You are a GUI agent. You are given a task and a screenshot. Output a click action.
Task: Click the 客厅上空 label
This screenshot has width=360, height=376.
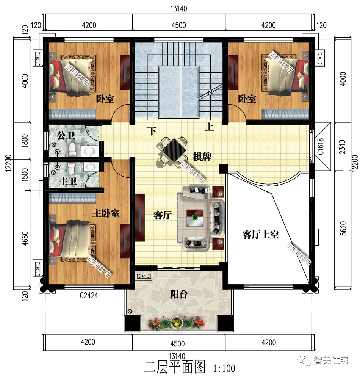point(260,235)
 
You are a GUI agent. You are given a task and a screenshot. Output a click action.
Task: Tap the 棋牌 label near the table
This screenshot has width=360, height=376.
point(202,156)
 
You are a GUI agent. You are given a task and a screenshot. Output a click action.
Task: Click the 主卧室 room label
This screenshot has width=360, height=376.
point(106,213)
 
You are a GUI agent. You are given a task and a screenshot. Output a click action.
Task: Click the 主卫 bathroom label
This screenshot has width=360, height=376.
point(68,181)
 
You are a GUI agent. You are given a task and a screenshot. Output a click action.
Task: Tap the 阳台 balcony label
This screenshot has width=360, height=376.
point(178,294)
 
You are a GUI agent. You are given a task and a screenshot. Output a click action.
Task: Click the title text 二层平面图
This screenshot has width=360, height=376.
point(174,367)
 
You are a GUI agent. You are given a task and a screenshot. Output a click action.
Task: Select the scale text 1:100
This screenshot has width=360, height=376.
point(224,368)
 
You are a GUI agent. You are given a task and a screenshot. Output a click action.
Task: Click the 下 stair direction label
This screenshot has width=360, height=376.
point(152,132)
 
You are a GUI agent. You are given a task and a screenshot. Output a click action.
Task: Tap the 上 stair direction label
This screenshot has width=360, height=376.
point(209,127)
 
